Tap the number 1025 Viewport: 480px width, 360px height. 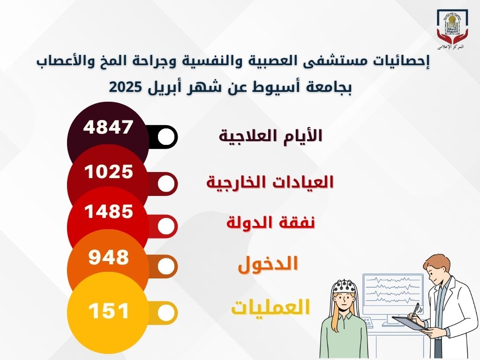click(x=109, y=172)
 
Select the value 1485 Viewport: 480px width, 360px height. click(x=109, y=211)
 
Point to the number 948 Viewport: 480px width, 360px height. click(x=109, y=257)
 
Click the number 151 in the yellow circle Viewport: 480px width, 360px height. click(x=109, y=311)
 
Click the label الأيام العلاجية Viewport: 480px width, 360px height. click(x=271, y=136)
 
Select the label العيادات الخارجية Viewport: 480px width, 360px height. click(x=270, y=182)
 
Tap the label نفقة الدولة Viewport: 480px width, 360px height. click(x=271, y=223)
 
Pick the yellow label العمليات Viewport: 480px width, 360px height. click(x=270, y=307)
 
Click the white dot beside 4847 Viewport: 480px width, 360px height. click(x=166, y=136)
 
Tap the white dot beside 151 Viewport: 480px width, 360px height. click(x=166, y=313)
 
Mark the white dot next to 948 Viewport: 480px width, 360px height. click(x=166, y=266)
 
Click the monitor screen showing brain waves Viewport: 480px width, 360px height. click(x=392, y=288)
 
